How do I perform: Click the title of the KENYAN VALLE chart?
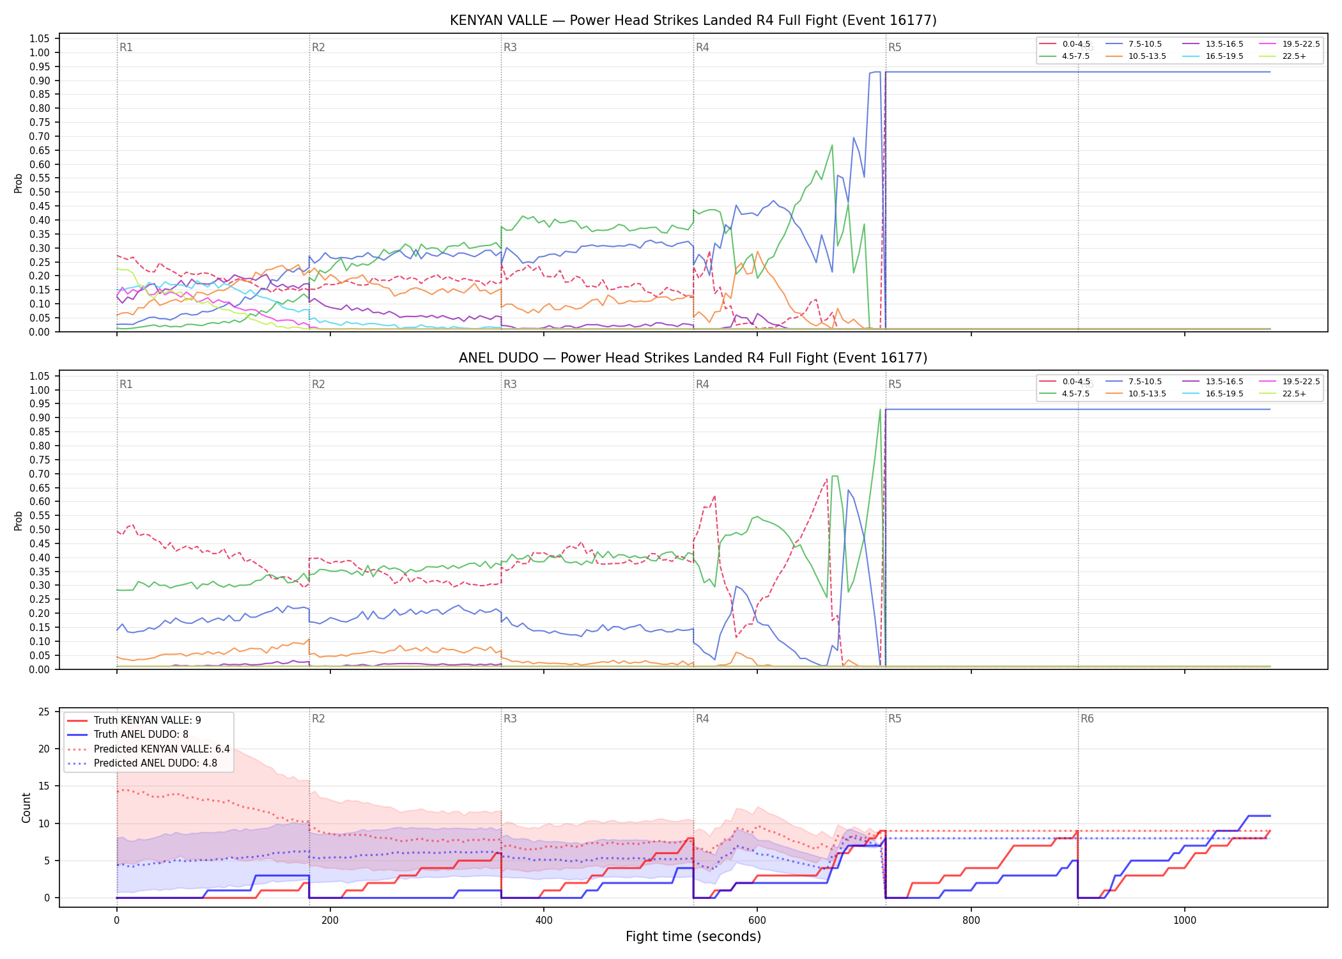(693, 20)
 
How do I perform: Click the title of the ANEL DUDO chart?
(693, 358)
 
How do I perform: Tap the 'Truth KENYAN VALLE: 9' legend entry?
(134, 721)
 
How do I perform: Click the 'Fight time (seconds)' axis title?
(693, 937)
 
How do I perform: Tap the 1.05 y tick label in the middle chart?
(39, 376)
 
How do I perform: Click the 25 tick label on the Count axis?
(44, 712)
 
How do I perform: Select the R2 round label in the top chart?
(318, 48)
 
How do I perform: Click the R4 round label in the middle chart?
(702, 385)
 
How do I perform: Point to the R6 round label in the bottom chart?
(1087, 719)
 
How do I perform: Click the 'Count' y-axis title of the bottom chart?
(26, 808)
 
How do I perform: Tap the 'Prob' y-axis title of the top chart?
(19, 183)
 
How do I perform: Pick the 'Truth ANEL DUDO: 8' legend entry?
(128, 735)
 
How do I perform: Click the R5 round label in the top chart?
(895, 48)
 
